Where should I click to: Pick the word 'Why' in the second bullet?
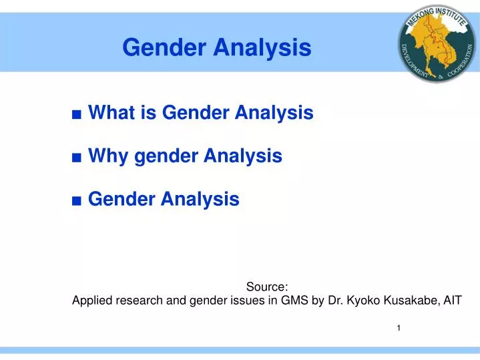click(109, 156)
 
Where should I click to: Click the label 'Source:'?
click(267, 287)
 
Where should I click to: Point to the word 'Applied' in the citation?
click(91, 301)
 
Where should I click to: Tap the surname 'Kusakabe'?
click(409, 301)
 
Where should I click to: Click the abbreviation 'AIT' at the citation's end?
click(451, 301)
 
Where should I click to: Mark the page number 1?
click(399, 328)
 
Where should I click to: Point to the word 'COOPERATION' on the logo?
click(459, 63)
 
